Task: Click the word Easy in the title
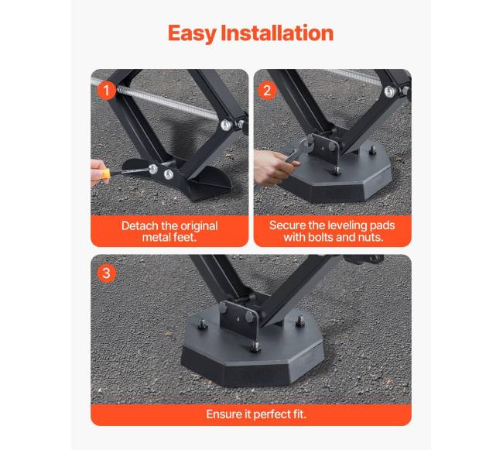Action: click(x=193, y=34)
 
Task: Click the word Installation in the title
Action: click(x=277, y=33)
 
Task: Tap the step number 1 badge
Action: click(x=107, y=90)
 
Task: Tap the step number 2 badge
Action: click(x=267, y=90)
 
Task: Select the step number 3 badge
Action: click(x=107, y=273)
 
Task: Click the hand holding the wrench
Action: click(x=272, y=167)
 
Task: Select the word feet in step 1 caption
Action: click(x=185, y=238)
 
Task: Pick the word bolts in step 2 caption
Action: click(x=321, y=238)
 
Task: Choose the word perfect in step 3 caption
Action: click(x=272, y=414)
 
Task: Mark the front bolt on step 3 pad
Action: click(x=255, y=347)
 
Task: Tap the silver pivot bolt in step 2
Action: click(x=389, y=92)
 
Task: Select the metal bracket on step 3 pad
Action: click(x=239, y=318)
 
